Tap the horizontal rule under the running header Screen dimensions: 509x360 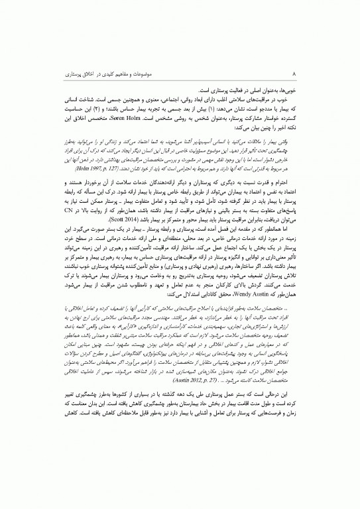[180, 76]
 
